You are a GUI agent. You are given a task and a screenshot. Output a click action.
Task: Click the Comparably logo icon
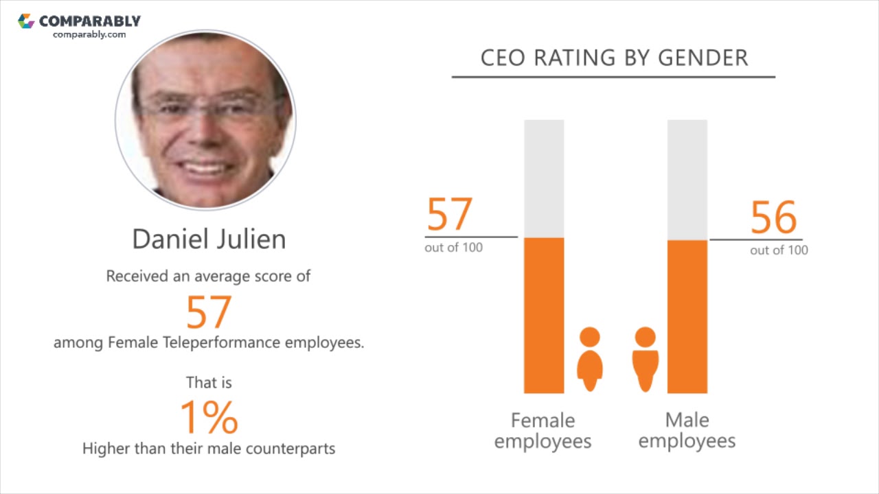pyautogui.click(x=26, y=21)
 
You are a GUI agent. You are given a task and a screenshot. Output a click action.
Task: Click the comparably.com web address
pyautogui.click(x=89, y=34)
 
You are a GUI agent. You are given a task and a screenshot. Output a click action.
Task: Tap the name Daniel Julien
pyautogui.click(x=209, y=239)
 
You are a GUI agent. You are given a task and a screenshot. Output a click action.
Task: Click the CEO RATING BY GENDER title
pyautogui.click(x=614, y=58)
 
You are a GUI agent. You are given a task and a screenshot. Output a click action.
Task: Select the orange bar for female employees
pyautogui.click(x=544, y=316)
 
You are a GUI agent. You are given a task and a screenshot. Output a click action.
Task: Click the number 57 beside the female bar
pyautogui.click(x=450, y=214)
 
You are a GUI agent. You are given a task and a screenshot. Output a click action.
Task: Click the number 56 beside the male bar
pyautogui.click(x=774, y=217)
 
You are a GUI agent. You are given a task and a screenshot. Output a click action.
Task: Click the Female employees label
pyautogui.click(x=543, y=430)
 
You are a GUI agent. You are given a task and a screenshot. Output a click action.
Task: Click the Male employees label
pyautogui.click(x=687, y=430)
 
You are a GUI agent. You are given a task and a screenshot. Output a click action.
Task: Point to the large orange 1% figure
pyautogui.click(x=209, y=417)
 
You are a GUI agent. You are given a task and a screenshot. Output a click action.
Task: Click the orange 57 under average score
pyautogui.click(x=209, y=312)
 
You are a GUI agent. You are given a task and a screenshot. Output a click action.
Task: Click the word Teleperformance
pyautogui.click(x=222, y=342)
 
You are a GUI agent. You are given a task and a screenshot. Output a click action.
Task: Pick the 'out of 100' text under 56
pyautogui.click(x=779, y=250)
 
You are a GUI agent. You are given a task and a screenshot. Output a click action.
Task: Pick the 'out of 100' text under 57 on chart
pyautogui.click(x=453, y=248)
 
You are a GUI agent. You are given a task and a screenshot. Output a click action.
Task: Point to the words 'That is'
pyautogui.click(x=209, y=382)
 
